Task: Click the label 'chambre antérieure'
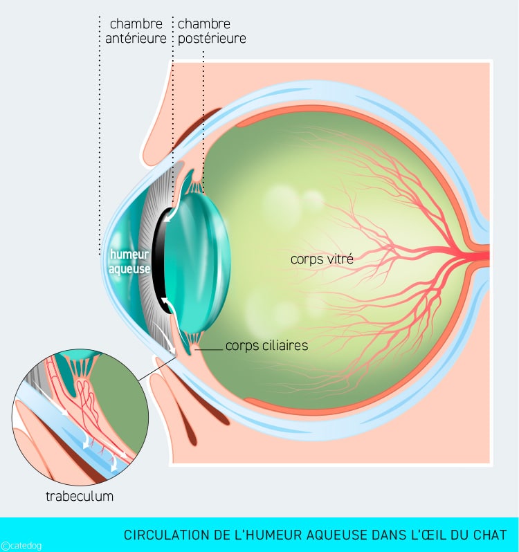136,31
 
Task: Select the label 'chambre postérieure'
212,31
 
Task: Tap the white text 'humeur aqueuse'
129,261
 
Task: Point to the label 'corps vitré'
322,259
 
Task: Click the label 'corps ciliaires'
266,345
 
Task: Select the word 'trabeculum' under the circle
80,496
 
